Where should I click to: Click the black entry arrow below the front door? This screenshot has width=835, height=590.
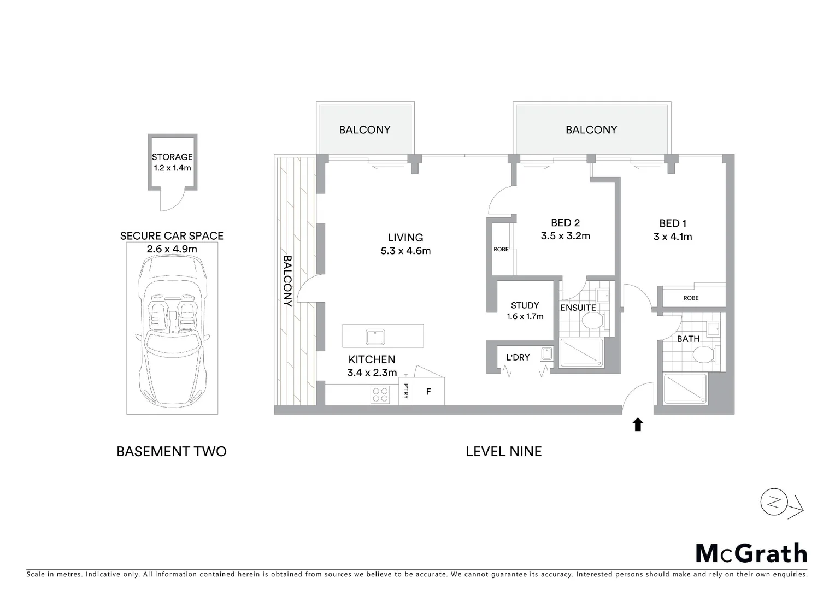pos(637,424)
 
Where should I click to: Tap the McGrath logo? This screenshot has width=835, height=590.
pos(751,553)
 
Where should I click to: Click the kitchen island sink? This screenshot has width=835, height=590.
pos(375,337)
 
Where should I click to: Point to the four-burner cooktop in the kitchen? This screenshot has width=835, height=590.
pos(380,395)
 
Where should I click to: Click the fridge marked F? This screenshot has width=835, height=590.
pos(428,392)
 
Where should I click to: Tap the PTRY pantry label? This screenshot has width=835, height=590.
pos(405,392)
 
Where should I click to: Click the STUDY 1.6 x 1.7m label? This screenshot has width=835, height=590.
pos(525,310)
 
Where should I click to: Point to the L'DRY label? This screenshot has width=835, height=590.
pos(518,357)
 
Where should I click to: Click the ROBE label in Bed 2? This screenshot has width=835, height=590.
pos(501,249)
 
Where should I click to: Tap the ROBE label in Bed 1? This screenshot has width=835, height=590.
pos(691,298)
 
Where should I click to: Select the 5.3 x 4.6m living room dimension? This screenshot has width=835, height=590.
pos(405,251)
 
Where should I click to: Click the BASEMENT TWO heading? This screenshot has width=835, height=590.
pos(172,451)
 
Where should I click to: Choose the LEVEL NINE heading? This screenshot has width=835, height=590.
pos(503,451)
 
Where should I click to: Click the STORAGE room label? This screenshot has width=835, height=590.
pos(172,157)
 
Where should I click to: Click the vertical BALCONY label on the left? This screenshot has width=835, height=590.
pos(287,281)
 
